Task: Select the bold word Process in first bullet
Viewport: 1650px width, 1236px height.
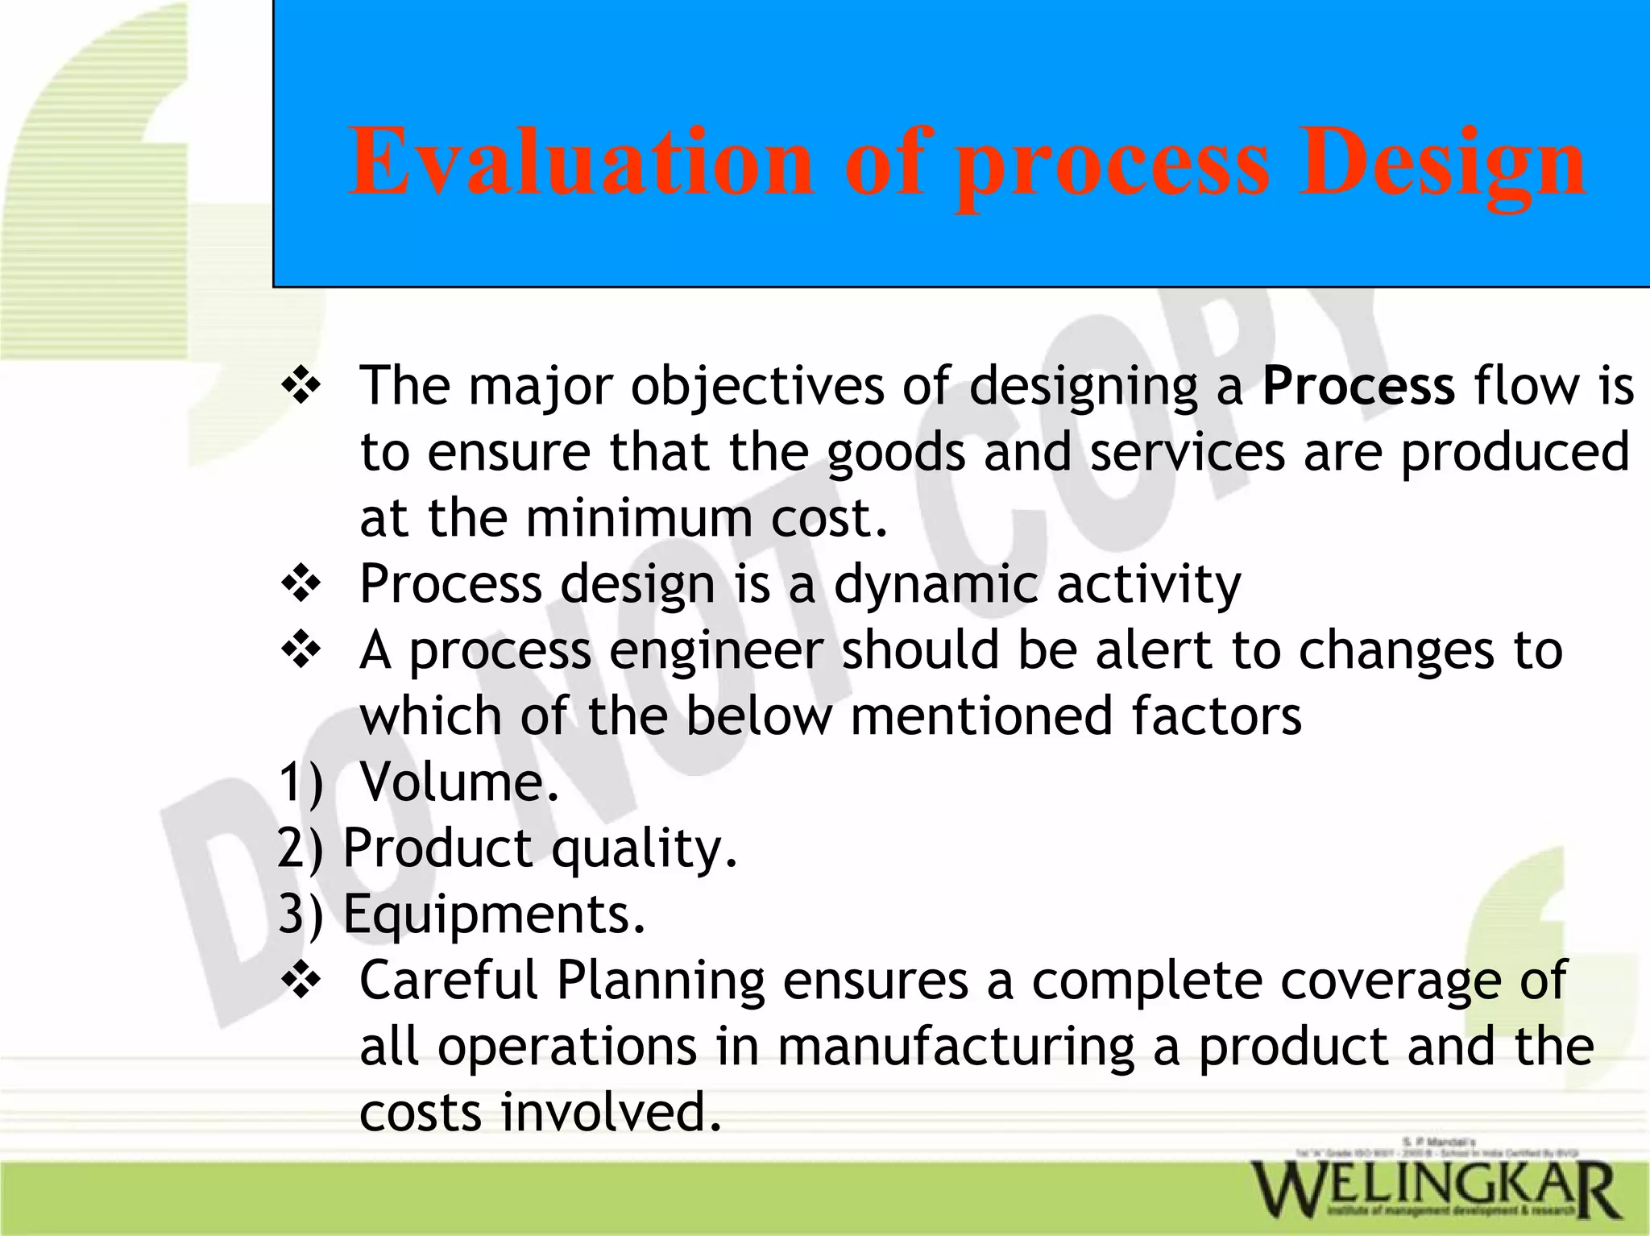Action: (1358, 385)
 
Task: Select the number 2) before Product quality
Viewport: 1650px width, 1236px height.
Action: (300, 848)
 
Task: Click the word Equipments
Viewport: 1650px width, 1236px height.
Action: (494, 915)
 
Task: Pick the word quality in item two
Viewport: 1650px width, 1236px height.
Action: (644, 849)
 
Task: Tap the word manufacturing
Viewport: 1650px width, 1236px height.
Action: (956, 1047)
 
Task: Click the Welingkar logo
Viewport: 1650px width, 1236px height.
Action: (1433, 1188)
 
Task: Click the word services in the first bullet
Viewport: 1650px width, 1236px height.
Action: (1187, 451)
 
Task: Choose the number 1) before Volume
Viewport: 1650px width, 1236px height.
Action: (300, 782)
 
